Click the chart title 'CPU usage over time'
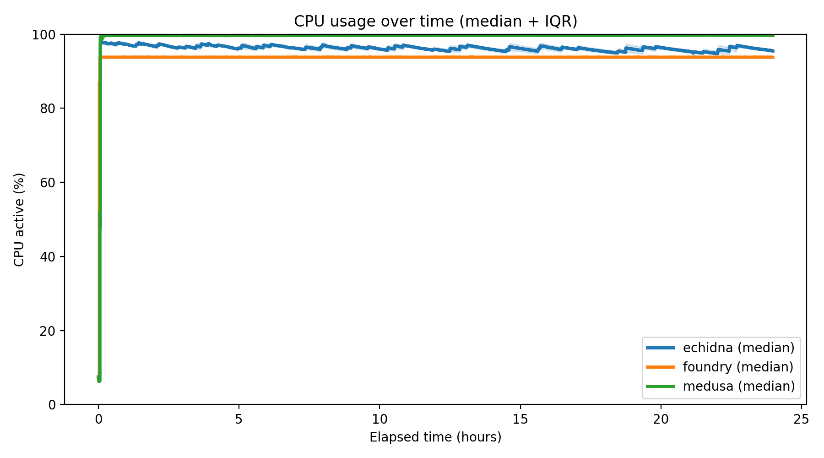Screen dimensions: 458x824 pos(435,21)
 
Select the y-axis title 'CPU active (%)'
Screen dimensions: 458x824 pos(19,219)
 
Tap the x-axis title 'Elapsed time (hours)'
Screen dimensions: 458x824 pos(435,437)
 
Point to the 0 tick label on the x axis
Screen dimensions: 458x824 pos(98,420)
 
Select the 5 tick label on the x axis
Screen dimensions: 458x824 pos(239,420)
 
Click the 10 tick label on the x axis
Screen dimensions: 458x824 pos(379,420)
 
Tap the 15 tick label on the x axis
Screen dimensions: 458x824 pos(520,420)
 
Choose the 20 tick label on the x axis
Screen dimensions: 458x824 pos(661,420)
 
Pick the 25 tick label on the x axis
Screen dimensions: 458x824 pos(801,420)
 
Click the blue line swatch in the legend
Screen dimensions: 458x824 pos(660,348)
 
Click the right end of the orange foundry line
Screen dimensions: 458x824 pos(773,57)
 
